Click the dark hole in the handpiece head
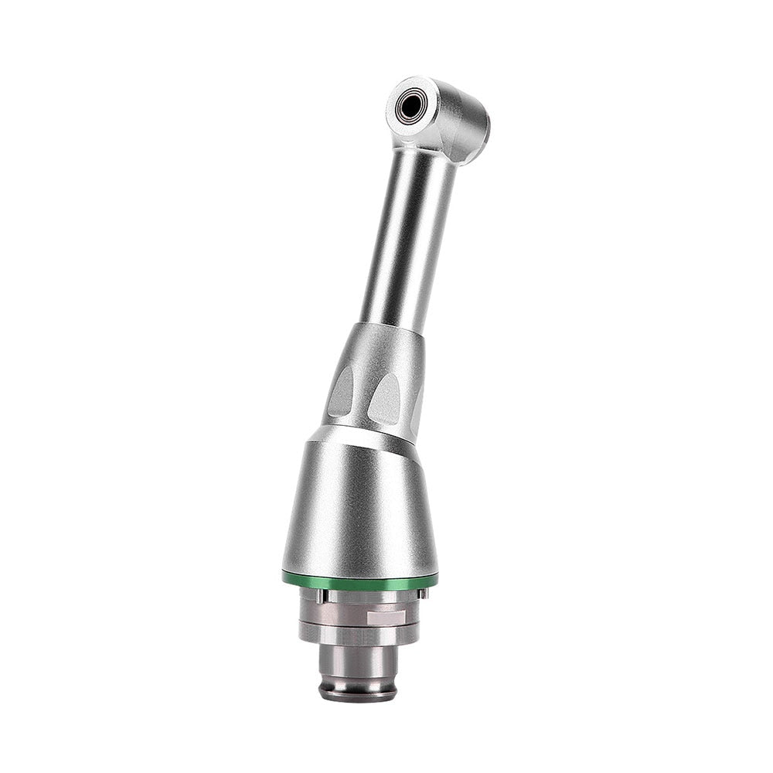[x=410, y=106]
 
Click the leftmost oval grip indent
[x=340, y=390]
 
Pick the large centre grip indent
[x=384, y=398]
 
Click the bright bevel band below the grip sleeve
[x=363, y=433]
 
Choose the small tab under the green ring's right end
[x=423, y=593]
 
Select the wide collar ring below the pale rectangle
[x=359, y=634]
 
